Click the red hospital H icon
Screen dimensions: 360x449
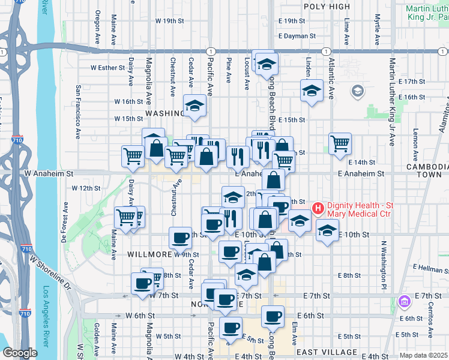coord(318,209)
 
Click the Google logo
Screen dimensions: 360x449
coord(20,353)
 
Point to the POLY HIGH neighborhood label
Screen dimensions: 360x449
coord(327,6)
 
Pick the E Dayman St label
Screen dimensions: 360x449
coord(296,36)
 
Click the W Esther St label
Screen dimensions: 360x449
coord(107,68)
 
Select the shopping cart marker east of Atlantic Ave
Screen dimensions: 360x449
coord(340,143)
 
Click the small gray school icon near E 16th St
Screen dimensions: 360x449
coord(358,91)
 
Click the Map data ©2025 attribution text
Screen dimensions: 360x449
coord(424,355)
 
